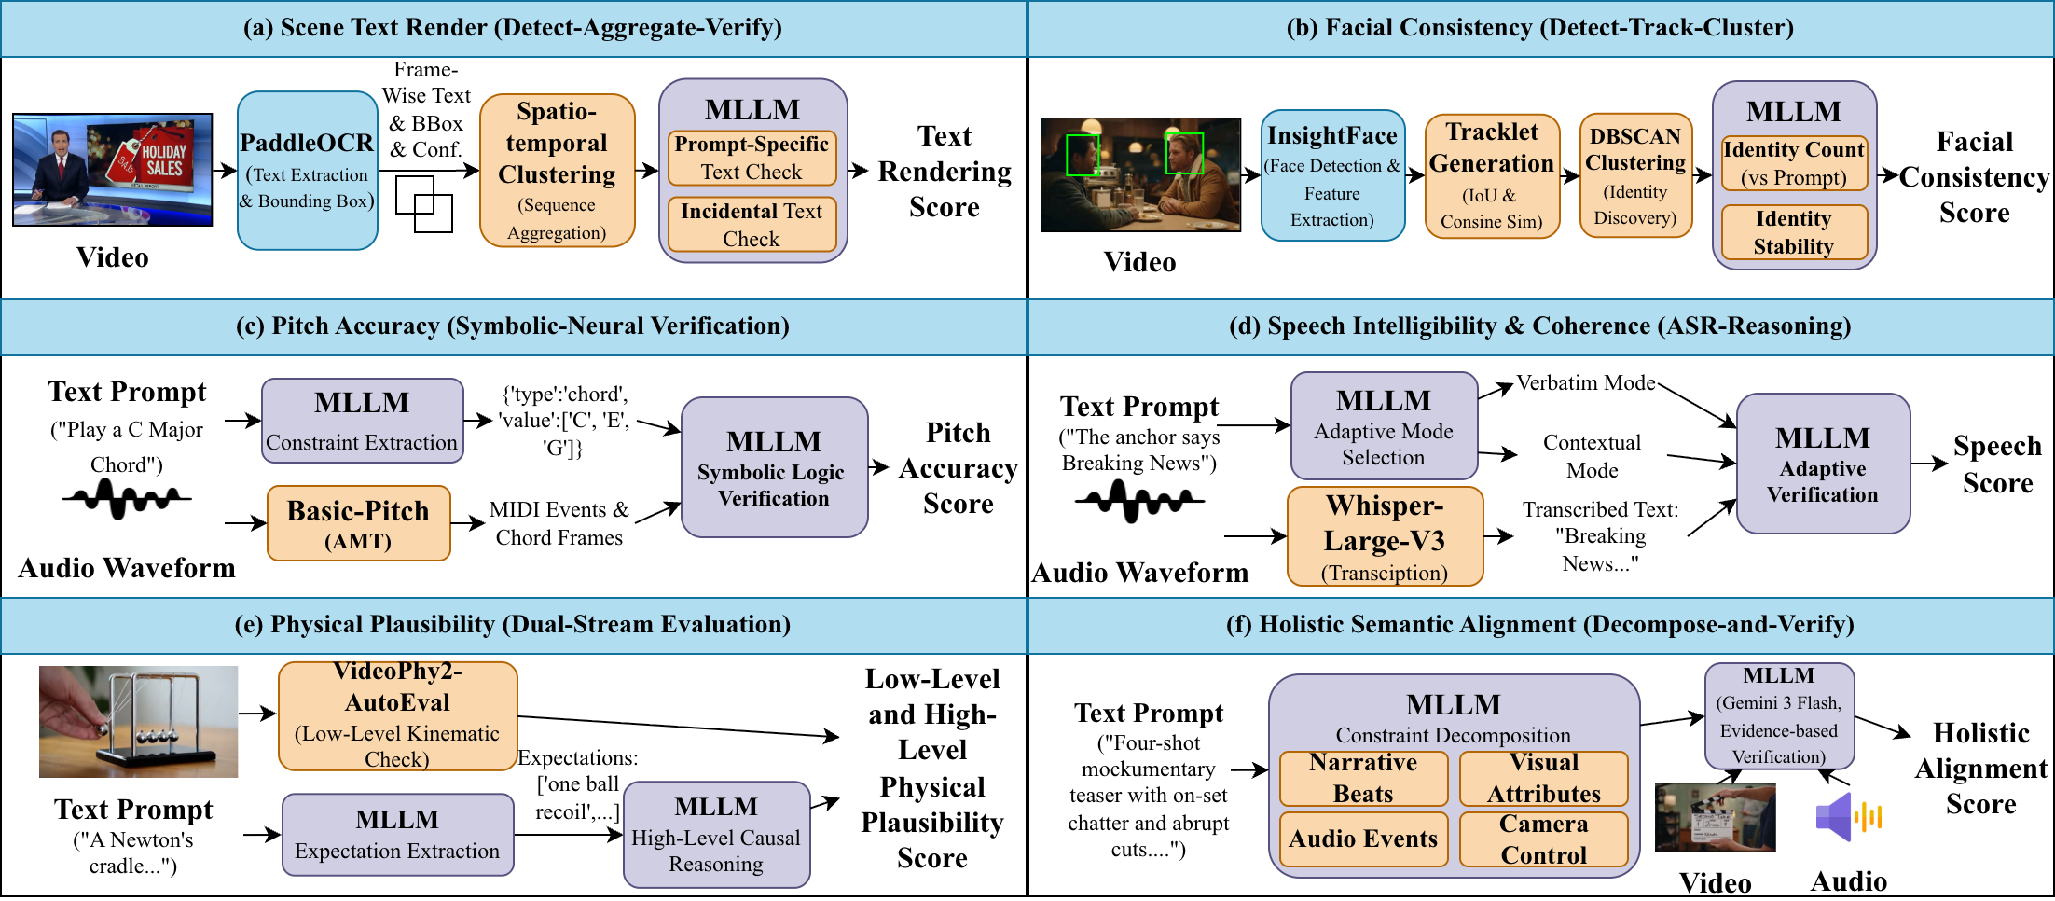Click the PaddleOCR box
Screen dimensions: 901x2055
307,170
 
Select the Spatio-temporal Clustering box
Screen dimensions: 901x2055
557,170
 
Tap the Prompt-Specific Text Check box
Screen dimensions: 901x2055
752,158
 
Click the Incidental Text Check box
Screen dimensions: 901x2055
752,224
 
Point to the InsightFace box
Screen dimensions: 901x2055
1331,175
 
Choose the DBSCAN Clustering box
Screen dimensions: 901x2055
1634,175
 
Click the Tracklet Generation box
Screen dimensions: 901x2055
1492,175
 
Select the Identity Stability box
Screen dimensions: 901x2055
1793,232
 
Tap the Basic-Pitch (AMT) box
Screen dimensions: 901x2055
358,523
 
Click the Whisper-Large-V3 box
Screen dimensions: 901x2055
1384,536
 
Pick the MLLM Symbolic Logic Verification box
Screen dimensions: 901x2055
773,467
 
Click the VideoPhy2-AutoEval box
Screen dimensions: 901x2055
397,715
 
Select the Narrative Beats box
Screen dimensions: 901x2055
1362,779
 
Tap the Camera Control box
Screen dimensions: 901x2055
1543,839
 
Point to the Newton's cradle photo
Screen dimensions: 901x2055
138,721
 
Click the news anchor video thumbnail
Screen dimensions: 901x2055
112,170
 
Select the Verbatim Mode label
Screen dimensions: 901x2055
1585,382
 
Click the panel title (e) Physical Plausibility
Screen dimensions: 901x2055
512,624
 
